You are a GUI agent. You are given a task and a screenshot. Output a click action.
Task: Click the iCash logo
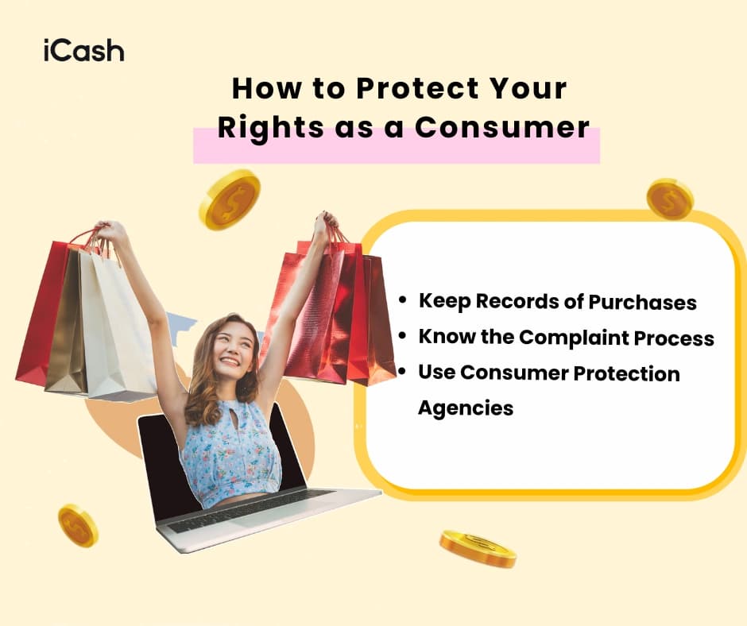[83, 51]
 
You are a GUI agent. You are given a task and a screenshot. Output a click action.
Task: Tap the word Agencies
[466, 408]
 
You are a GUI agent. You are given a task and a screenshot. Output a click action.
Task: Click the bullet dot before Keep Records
[404, 302]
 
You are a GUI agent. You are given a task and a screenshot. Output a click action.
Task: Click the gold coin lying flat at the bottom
[478, 548]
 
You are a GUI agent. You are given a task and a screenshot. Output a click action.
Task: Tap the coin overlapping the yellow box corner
[669, 199]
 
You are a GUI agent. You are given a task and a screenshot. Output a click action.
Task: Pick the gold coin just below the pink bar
[229, 199]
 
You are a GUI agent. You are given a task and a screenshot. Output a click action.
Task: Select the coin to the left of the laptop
[78, 525]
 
